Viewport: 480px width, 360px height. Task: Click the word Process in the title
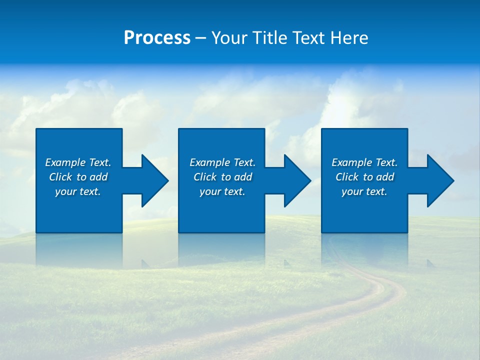coord(157,38)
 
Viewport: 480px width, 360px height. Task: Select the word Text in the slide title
coord(308,38)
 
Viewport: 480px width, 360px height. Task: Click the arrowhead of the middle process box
coord(296,181)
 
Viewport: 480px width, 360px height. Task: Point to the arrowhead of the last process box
coord(439,181)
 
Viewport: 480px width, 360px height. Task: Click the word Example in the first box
coord(65,162)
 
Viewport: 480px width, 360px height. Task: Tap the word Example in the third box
coord(352,162)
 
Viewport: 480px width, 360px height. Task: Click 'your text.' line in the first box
coord(78,191)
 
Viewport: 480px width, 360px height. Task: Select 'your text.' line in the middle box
coord(222,191)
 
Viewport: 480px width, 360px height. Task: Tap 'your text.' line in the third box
coord(364,191)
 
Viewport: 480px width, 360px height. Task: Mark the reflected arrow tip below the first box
coord(145,263)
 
